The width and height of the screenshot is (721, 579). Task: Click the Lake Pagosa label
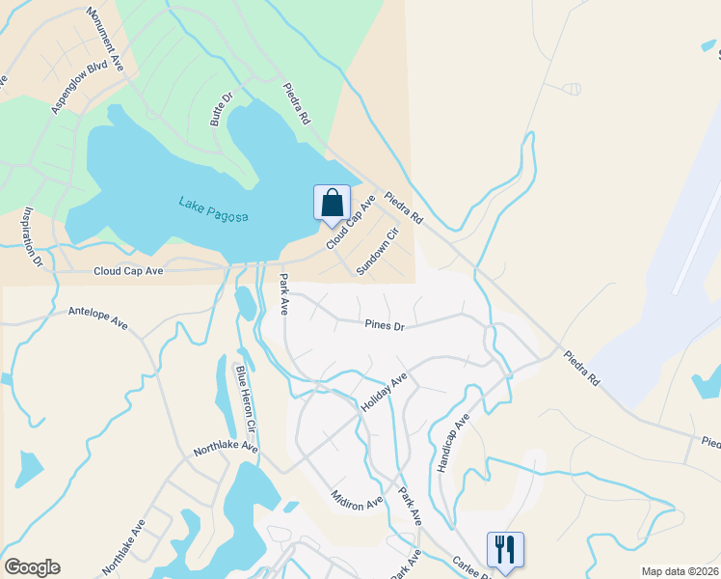213,209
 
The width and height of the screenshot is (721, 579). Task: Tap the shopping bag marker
332,203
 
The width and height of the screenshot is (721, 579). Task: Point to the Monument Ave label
106,40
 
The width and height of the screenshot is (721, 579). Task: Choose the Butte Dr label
223,110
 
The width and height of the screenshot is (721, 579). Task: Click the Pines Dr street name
384,326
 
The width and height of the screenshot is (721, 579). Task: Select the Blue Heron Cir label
245,397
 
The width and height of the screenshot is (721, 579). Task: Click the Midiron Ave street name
356,494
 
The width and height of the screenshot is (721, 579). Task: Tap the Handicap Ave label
452,442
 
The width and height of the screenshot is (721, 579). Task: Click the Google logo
32,567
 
